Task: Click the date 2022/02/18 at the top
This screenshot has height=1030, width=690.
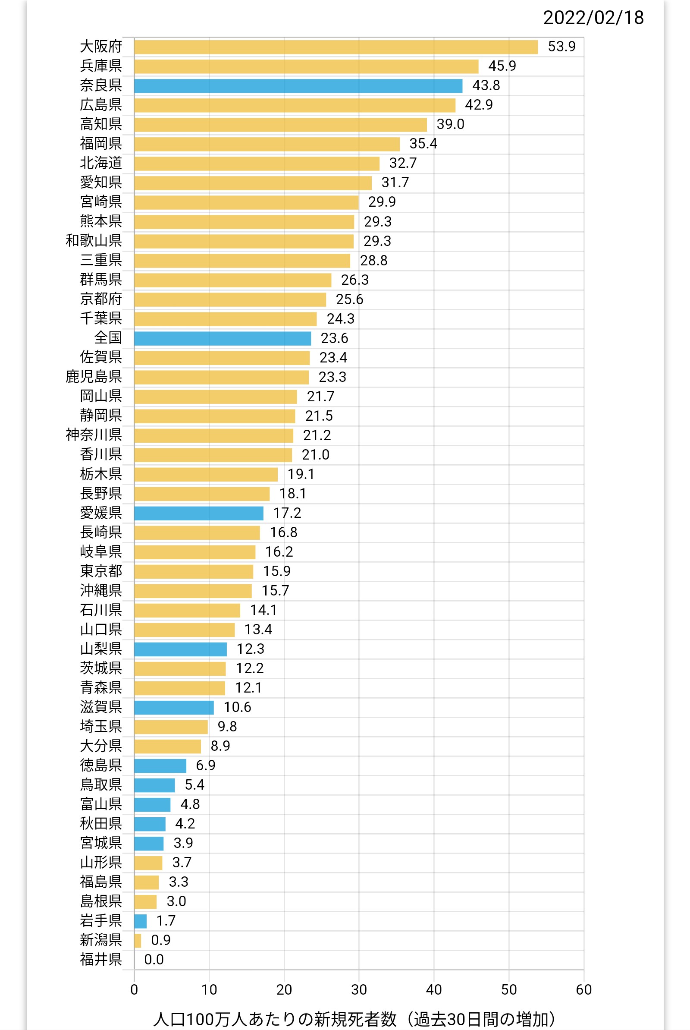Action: point(593,18)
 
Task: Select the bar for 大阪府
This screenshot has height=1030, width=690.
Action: point(336,47)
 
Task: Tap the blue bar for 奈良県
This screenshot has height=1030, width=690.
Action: point(298,86)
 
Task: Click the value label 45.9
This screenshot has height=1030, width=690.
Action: point(502,66)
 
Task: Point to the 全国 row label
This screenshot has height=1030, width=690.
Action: point(108,337)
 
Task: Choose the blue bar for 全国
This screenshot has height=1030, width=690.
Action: point(222,338)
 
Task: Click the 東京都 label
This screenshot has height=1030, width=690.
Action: point(101,571)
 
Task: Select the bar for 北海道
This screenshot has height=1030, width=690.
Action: point(257,164)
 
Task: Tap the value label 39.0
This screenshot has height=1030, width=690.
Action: point(450,125)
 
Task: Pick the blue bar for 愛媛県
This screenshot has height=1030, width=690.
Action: point(198,513)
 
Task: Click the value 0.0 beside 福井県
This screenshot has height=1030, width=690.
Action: point(154,959)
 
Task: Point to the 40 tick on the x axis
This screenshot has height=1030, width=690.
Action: point(434,989)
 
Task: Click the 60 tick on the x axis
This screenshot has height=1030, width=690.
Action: point(583,989)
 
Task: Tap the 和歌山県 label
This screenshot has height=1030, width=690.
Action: point(93,241)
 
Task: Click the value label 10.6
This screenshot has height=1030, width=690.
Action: point(237,707)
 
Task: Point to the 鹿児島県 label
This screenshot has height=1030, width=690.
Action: point(93,377)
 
